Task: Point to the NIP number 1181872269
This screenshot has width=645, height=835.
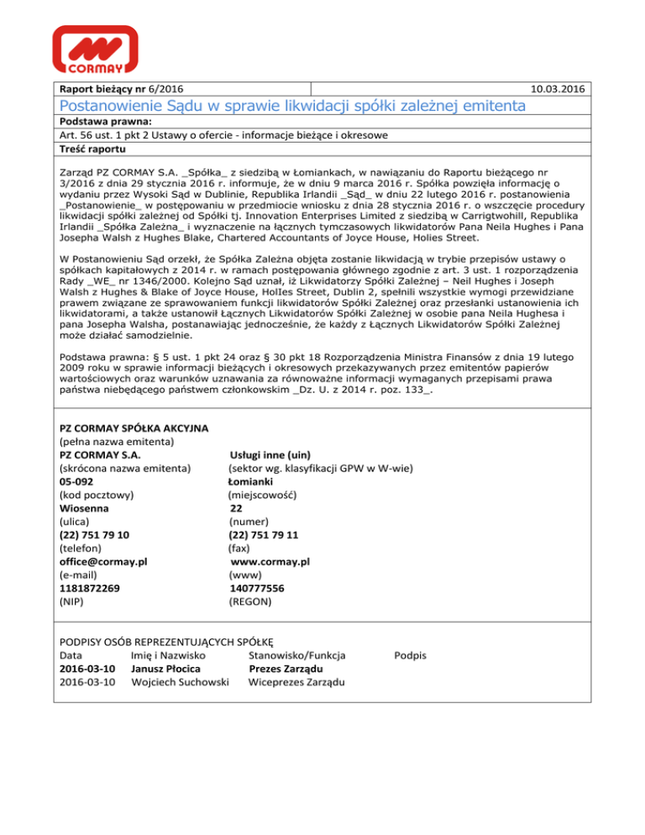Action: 90,588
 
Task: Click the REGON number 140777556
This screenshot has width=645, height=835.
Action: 262,588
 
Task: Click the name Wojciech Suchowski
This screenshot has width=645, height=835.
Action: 181,682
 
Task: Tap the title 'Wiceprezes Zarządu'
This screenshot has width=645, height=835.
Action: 297,682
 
